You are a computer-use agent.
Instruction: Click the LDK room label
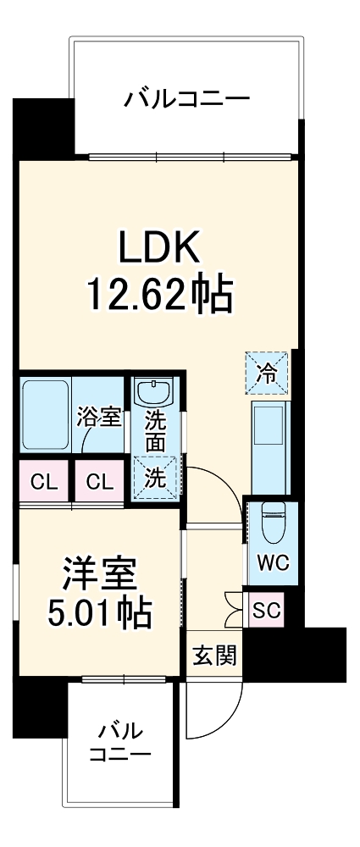[x=158, y=249]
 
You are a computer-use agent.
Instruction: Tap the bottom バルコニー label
[x=120, y=741]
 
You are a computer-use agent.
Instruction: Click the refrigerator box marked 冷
[x=267, y=372]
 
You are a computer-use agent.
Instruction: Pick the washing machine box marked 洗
[x=154, y=478]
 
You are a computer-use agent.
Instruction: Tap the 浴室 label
[x=99, y=416]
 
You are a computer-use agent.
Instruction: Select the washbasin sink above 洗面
[x=154, y=394]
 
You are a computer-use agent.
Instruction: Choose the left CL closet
[x=45, y=483]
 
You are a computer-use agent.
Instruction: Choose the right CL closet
[x=99, y=483]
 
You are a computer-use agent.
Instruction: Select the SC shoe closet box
[x=266, y=608]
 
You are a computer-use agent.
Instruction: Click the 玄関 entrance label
[x=213, y=654]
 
